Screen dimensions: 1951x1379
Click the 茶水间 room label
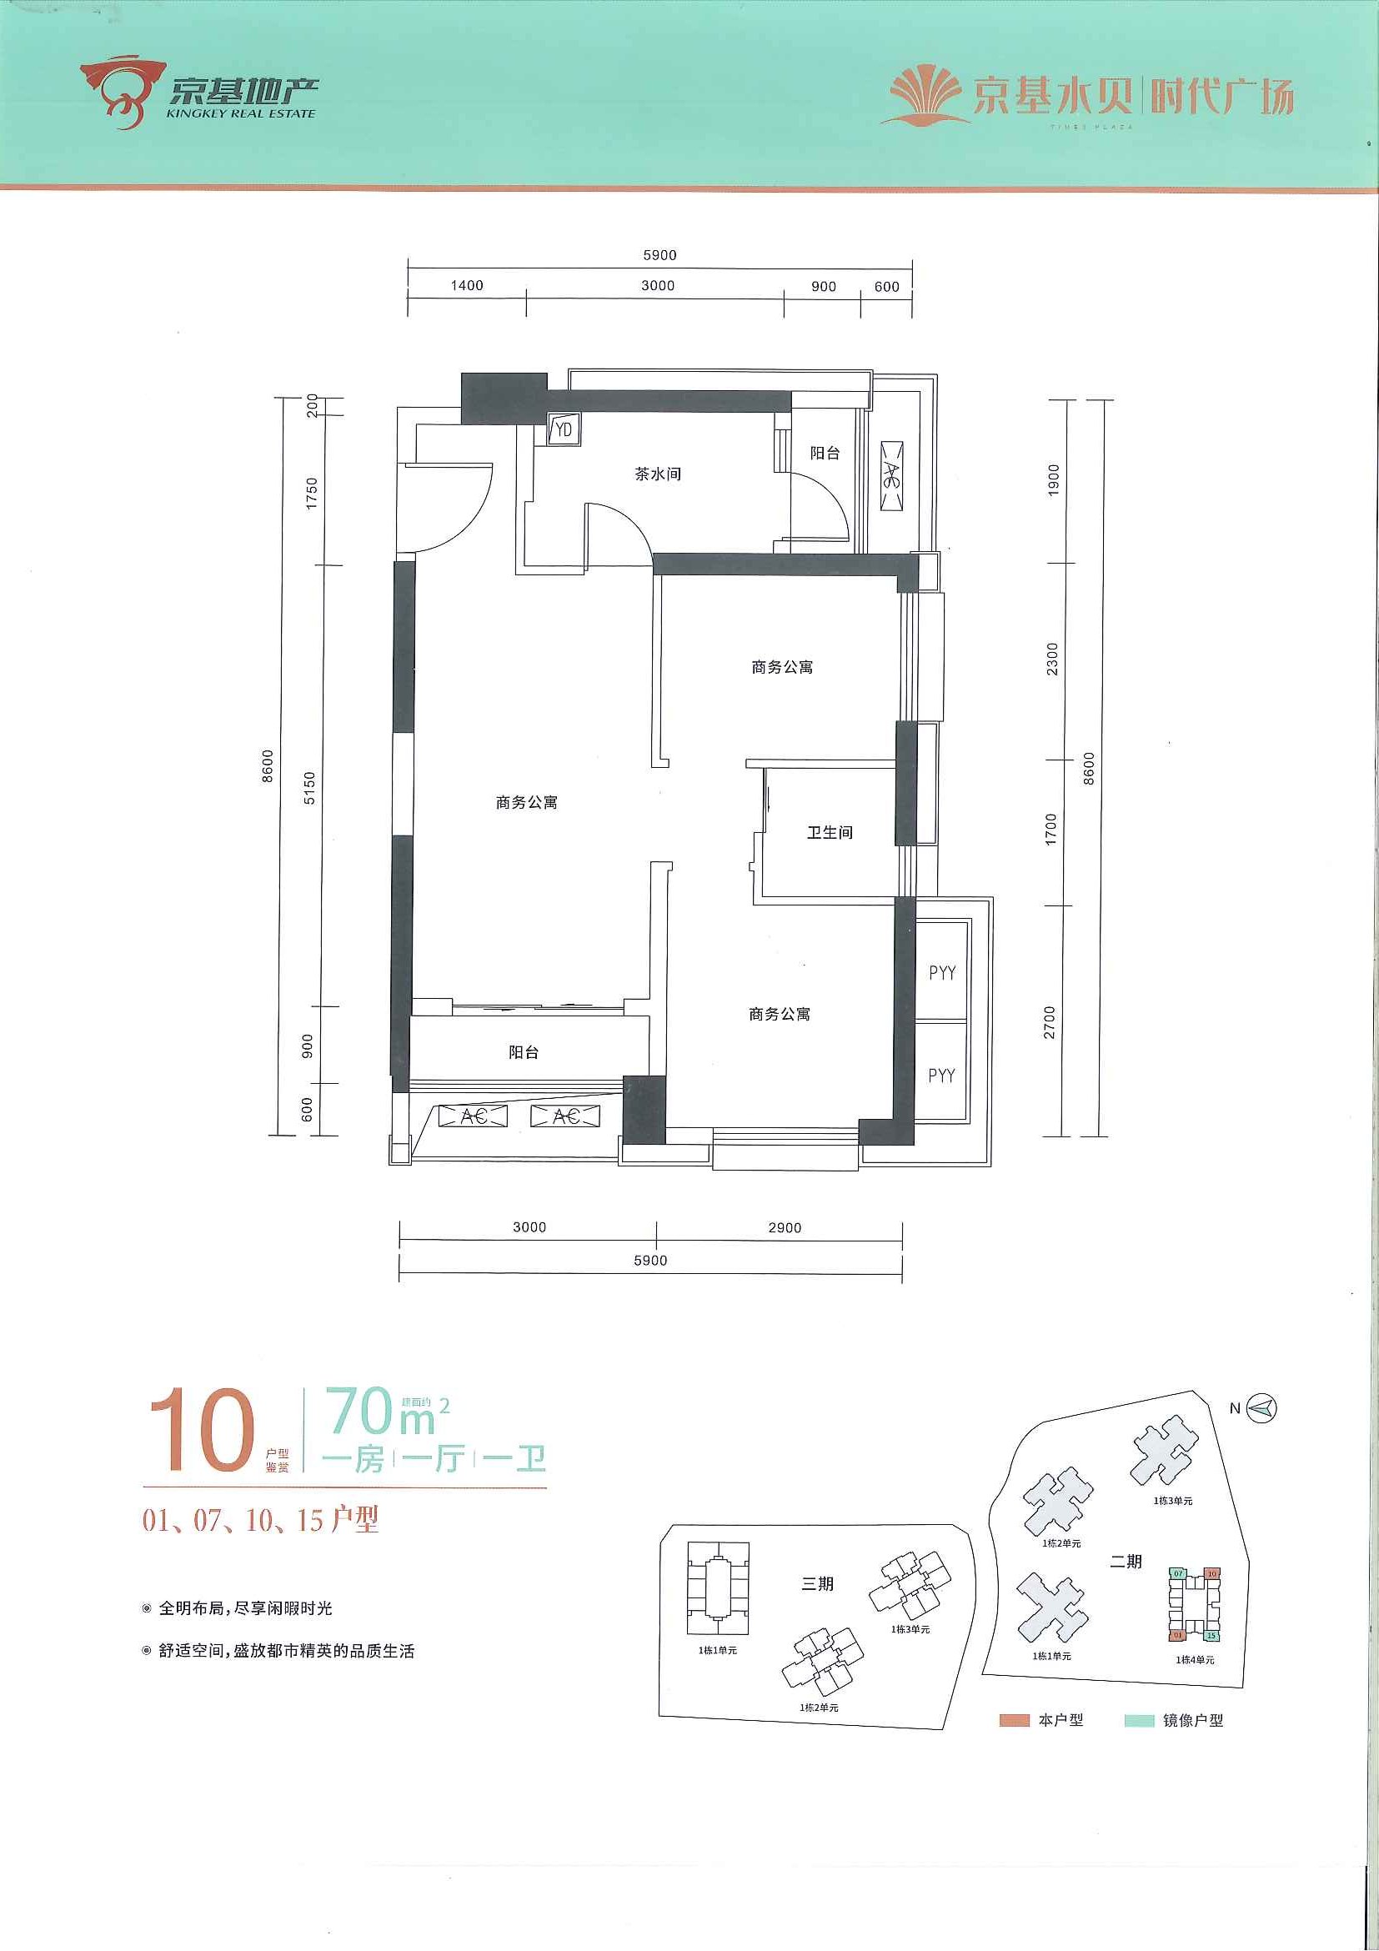658,474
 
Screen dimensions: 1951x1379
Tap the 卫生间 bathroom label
830,832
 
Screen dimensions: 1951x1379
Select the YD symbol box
562,430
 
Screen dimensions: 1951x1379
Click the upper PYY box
941,972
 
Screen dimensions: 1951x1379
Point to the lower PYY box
941,1075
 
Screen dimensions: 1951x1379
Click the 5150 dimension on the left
310,787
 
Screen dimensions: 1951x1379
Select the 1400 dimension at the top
466,285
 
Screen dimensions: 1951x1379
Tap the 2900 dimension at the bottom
785,1227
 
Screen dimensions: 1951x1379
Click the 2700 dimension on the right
1051,1021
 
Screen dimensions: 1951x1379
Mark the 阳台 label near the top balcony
825,453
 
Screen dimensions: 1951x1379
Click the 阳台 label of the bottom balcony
524,1052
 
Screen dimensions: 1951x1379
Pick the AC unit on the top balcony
891,476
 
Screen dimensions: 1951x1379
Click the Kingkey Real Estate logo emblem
121,91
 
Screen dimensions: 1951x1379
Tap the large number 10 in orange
203,1429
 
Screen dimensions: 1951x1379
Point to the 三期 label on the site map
816,1584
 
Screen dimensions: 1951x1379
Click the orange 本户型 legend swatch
1014,1721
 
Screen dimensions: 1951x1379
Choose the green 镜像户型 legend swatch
1139,1721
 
